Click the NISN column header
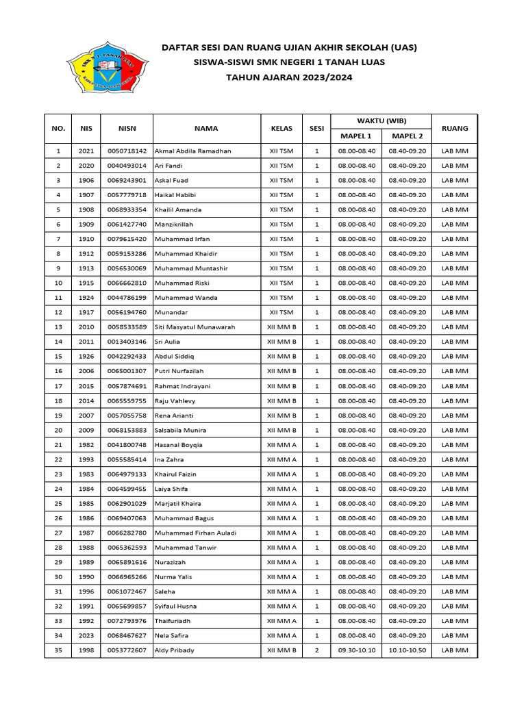tap(127, 128)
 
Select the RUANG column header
tap(455, 128)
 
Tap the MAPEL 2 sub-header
tap(408, 136)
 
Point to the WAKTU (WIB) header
tap(381, 120)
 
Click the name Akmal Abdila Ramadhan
tap(193, 151)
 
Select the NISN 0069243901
tap(127, 180)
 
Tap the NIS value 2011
tap(86, 342)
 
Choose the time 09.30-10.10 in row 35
tap(357, 650)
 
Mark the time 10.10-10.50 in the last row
tap(408, 650)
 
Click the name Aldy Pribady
tap(175, 650)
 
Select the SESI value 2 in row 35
tap(316, 650)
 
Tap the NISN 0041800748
tap(127, 445)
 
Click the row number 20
tap(58, 430)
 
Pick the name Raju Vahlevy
tap(175, 400)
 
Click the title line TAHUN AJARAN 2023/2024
tap(289, 77)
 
